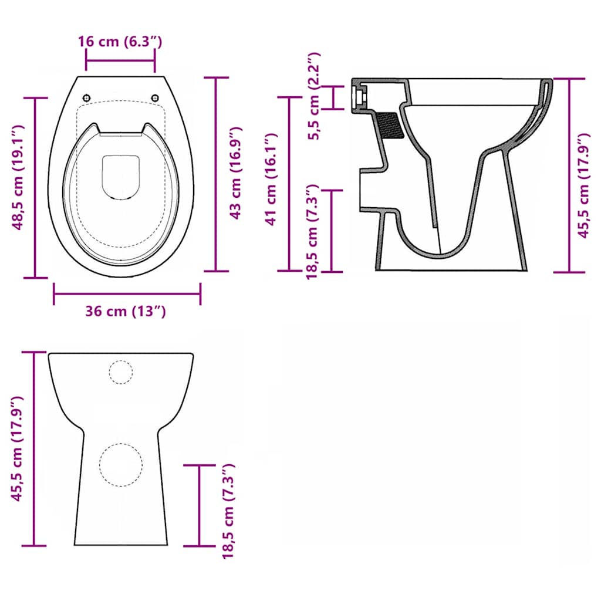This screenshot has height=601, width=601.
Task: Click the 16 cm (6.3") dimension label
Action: (120, 42)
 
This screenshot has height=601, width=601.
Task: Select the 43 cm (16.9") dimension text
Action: (235, 173)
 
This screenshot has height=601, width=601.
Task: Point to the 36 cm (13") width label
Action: (126, 311)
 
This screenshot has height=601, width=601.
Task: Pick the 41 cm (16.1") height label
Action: (271, 179)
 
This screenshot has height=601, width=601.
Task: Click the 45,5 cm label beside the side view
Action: (583, 185)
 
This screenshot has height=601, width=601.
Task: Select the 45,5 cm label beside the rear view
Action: (18, 449)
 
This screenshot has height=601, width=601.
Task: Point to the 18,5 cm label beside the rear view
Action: (228, 511)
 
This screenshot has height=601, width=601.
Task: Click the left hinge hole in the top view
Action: (87, 98)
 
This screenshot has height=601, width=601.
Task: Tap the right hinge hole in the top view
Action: (155, 98)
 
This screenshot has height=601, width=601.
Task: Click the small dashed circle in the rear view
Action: (121, 372)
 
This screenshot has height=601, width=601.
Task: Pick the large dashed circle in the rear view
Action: (121, 464)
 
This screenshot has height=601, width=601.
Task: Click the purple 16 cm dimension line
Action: (120, 60)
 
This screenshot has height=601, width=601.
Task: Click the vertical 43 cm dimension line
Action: (216, 174)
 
